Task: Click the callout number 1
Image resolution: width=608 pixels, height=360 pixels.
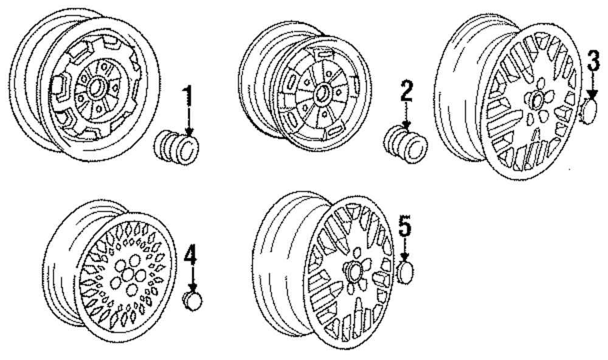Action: (x=188, y=96)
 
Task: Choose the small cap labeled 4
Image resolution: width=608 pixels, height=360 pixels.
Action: (x=193, y=300)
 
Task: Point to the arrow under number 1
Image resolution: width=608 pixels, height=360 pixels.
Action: (x=188, y=122)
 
